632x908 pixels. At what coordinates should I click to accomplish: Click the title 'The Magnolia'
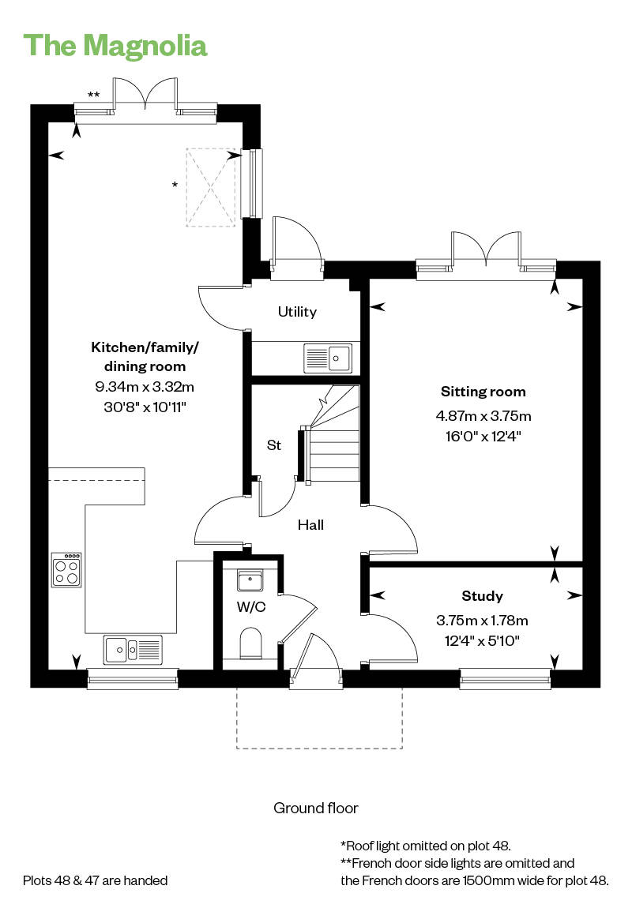[x=115, y=46]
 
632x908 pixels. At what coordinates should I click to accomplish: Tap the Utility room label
[x=297, y=312]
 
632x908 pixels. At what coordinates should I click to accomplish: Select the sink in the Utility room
[x=328, y=358]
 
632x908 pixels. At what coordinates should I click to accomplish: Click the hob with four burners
[x=66, y=570]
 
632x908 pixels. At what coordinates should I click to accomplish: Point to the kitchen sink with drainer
[x=134, y=650]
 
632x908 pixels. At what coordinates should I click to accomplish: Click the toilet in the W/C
[x=251, y=644]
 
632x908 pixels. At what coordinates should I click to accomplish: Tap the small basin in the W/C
[x=250, y=580]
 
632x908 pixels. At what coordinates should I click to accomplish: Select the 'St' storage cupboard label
[x=274, y=445]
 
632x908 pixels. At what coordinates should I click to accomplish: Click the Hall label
[x=310, y=524]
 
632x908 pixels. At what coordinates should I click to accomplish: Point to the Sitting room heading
[x=483, y=392]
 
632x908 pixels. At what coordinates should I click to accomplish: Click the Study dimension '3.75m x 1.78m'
[x=482, y=620]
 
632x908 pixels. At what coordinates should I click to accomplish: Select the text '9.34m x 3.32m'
[x=145, y=386]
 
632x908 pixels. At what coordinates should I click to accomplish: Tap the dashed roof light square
[x=212, y=188]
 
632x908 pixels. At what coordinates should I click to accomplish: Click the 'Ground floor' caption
[x=316, y=808]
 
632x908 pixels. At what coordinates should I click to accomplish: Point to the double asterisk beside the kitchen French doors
[x=93, y=95]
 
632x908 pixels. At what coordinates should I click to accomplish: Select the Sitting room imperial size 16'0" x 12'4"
[x=483, y=436]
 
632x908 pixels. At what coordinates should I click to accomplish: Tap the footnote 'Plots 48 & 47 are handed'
[x=95, y=881]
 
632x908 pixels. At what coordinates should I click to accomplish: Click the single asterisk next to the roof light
[x=175, y=185]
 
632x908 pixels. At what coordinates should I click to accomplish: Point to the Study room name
[x=482, y=596]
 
